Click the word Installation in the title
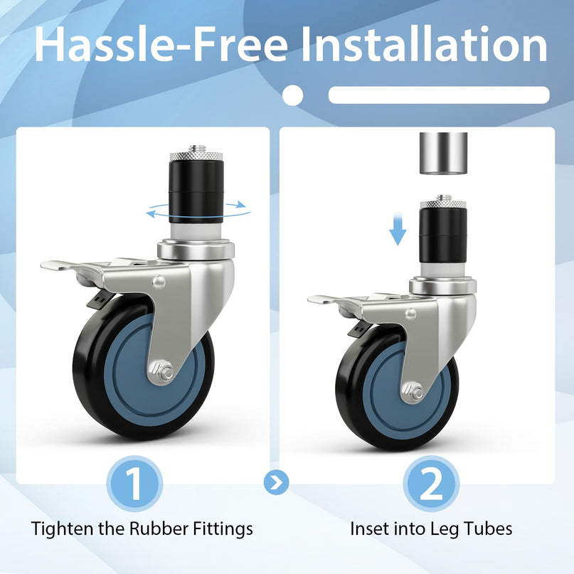(x=425, y=44)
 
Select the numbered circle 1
(x=134, y=484)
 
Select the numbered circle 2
(x=431, y=484)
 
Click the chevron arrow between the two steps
(x=277, y=482)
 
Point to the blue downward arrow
(x=398, y=230)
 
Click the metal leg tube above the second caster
(x=443, y=154)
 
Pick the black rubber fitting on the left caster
(x=196, y=191)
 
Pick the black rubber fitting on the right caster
(x=443, y=235)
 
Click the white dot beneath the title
(x=293, y=95)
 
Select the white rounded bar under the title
(x=439, y=95)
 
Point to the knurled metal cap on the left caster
(x=196, y=156)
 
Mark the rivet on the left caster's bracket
(x=159, y=282)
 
